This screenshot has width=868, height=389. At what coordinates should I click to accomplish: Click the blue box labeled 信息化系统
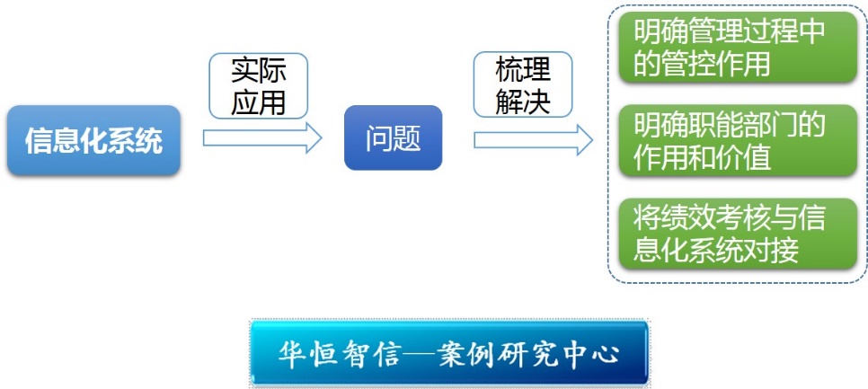point(93,140)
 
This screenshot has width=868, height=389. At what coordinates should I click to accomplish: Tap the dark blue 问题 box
point(393,137)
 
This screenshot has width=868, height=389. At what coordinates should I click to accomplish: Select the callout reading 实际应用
point(258,85)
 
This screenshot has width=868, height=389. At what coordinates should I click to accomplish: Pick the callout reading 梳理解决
point(523,84)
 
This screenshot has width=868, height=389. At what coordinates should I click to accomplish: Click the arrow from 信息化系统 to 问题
point(262,137)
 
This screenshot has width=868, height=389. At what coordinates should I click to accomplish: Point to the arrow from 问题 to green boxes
point(533,139)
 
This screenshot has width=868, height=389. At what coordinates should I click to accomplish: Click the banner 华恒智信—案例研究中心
point(449,352)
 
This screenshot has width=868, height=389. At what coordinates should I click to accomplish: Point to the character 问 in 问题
point(378,138)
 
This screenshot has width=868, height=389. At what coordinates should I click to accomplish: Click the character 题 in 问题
point(407,138)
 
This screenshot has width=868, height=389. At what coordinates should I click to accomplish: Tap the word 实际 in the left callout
point(259,71)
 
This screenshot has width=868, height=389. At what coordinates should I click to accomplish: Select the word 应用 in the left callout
point(259,102)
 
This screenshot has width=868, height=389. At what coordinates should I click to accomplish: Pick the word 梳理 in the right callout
point(523,70)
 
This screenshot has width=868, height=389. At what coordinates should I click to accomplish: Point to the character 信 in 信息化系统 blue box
point(39,141)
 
